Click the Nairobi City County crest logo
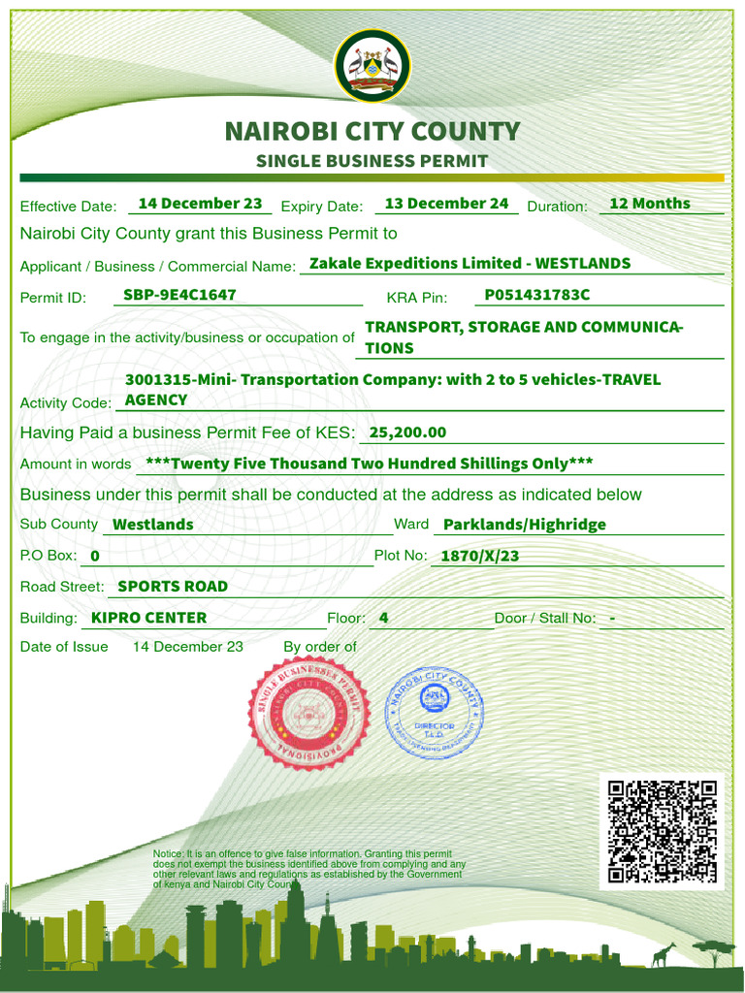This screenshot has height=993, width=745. tap(372, 66)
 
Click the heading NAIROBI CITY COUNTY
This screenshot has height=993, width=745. tap(372, 131)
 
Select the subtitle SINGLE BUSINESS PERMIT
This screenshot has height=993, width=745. tap(372, 161)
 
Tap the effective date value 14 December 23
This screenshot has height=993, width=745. tap(200, 204)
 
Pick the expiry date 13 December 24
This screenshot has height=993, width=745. tap(446, 204)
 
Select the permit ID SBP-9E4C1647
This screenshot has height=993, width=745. tap(179, 295)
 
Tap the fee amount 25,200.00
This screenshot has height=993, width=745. tap(407, 432)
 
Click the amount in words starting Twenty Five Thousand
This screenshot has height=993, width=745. tap(369, 464)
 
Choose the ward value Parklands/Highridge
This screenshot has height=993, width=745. tap(524, 525)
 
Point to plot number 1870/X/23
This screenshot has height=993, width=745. tap(479, 556)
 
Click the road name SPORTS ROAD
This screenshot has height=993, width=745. tap(173, 587)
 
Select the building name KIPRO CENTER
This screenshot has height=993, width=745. tap(148, 618)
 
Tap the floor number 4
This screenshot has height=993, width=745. tap(384, 618)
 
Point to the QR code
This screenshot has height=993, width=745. tap(662, 832)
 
